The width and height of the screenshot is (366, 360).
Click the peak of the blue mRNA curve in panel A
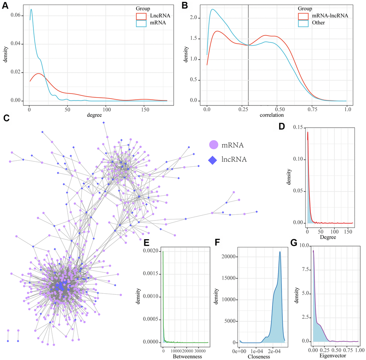31,10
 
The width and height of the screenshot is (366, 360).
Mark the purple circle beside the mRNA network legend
214,145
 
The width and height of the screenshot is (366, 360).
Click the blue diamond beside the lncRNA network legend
214,159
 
